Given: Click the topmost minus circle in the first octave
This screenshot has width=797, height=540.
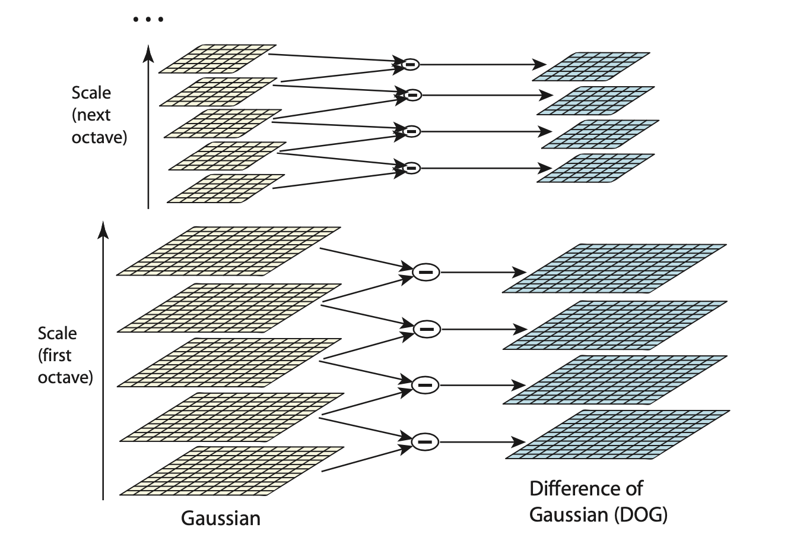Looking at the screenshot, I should [x=425, y=272].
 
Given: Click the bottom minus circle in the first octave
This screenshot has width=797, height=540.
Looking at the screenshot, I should [x=425, y=441].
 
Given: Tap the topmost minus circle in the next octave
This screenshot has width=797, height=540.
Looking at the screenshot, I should [x=410, y=64].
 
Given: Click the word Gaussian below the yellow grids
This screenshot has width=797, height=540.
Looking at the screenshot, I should [x=221, y=518].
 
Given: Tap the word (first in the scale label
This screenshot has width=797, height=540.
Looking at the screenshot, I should [x=55, y=355].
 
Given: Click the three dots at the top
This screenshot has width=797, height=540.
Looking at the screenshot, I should [x=148, y=20].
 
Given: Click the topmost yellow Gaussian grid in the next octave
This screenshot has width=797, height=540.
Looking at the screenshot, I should [x=218, y=58].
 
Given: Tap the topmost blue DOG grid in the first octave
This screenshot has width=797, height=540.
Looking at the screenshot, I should [x=615, y=267].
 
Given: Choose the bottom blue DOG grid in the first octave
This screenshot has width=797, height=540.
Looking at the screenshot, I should [x=618, y=434].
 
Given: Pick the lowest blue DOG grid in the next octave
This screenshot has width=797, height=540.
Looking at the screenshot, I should [x=596, y=168].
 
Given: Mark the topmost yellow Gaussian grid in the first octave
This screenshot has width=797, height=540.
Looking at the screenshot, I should [x=229, y=250].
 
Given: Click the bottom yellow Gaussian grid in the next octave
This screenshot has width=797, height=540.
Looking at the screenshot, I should [x=226, y=188].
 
